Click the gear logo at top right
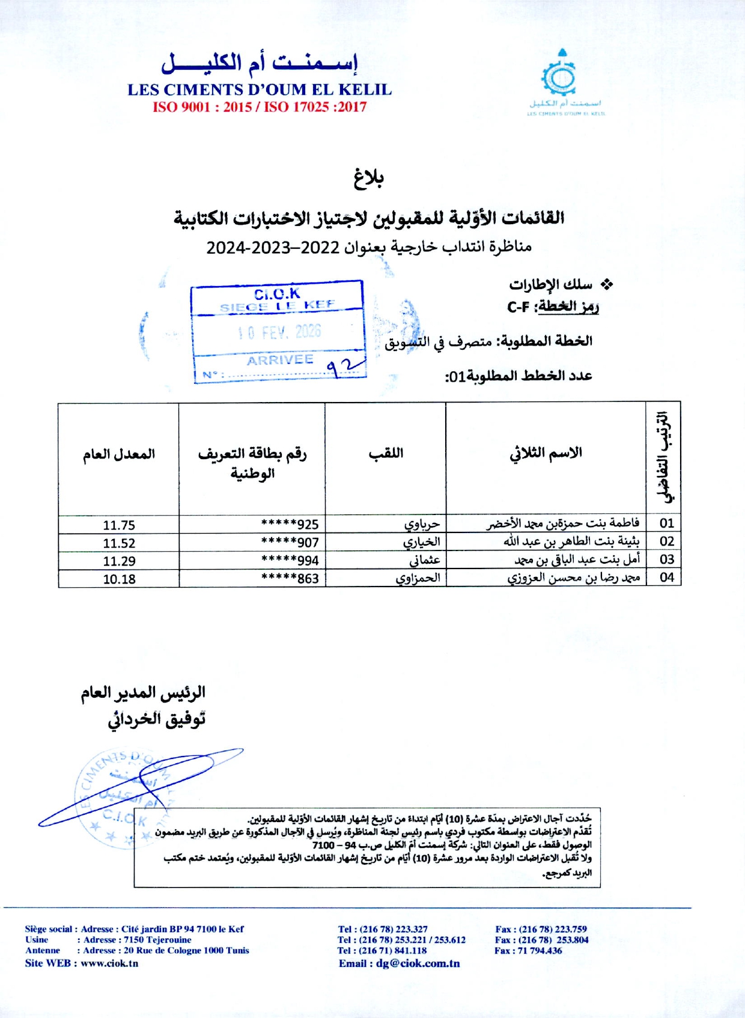[x=559, y=77]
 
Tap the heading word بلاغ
[x=368, y=177]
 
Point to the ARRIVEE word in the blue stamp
[x=280, y=360]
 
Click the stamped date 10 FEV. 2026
[x=279, y=332]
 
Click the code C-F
[x=518, y=307]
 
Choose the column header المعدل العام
[x=119, y=454]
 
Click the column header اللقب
[x=386, y=453]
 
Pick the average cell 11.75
[x=119, y=525]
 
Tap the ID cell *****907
[x=290, y=543]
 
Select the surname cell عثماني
[x=425, y=560]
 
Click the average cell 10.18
[x=119, y=579]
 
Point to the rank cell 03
[x=666, y=559]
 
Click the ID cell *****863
[x=290, y=579]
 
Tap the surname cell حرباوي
[x=422, y=524]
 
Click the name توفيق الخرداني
[x=157, y=719]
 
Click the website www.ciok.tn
[x=109, y=963]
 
